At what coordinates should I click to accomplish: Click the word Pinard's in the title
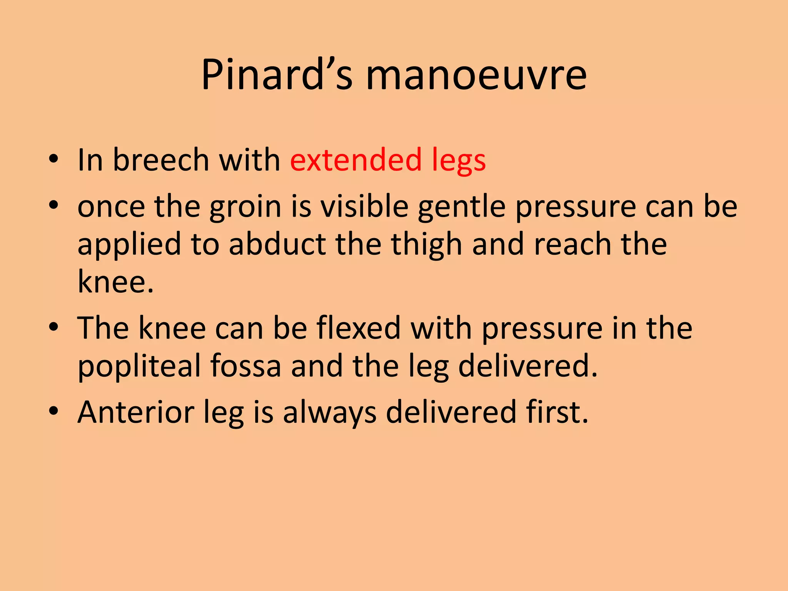(x=277, y=75)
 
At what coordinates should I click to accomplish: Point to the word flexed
(x=359, y=328)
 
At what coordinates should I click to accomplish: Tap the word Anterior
(x=136, y=412)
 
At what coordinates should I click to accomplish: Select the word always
(x=330, y=413)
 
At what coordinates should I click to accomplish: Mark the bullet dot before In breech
(x=53, y=159)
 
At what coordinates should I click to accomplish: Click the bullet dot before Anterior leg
(x=53, y=411)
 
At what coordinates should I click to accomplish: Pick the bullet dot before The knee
(x=53, y=327)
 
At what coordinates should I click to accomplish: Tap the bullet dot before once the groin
(x=53, y=205)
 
